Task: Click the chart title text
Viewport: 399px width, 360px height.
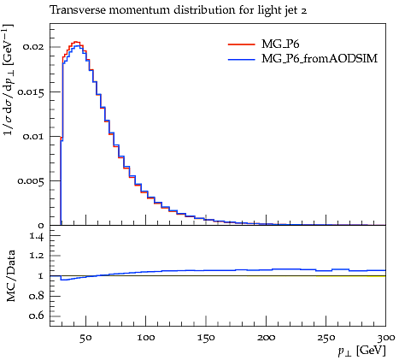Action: (179, 10)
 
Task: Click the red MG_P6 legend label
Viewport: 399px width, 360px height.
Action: (280, 44)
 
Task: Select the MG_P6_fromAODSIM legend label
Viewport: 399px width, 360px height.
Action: (320, 58)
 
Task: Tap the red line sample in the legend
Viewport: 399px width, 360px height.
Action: (242, 44)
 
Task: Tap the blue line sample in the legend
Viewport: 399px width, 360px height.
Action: (242, 60)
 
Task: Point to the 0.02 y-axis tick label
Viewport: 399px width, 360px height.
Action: (33, 46)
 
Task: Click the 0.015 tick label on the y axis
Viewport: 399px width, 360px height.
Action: (31, 91)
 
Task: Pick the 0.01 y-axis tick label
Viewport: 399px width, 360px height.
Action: (33, 136)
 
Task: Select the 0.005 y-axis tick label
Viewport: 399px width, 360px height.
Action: (31, 180)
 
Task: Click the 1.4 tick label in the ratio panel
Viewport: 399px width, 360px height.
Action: (37, 236)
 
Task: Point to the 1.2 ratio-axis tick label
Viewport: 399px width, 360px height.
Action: (37, 256)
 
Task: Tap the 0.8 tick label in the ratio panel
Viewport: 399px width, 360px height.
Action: (37, 296)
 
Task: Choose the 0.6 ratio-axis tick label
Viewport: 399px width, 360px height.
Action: (37, 316)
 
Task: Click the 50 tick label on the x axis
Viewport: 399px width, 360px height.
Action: (85, 338)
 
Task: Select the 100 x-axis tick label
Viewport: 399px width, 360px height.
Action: (146, 338)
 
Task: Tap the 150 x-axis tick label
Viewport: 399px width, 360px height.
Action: (206, 338)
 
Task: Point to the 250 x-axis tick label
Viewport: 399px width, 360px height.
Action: (326, 338)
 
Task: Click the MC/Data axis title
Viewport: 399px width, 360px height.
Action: (11, 275)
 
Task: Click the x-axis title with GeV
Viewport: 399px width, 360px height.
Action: (361, 351)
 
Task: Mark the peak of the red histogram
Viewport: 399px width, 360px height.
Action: (76, 42)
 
